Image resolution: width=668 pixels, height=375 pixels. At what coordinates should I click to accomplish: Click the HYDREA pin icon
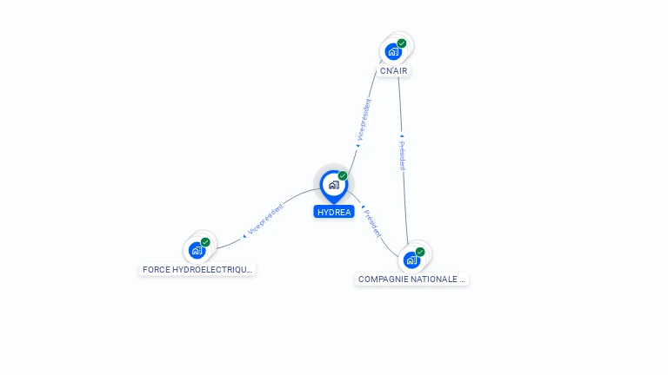(x=334, y=187)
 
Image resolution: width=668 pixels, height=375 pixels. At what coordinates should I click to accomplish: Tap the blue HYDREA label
(x=334, y=212)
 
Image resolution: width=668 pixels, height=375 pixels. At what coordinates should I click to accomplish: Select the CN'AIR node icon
(x=393, y=51)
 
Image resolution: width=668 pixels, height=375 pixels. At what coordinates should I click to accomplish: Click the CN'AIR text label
(x=394, y=71)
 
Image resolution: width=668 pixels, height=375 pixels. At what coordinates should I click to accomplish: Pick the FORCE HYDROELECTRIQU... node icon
(x=197, y=250)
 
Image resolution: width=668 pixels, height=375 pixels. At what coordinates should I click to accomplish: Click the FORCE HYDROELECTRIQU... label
(x=197, y=270)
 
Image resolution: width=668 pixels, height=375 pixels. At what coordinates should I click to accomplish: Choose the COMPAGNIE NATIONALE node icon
(x=411, y=260)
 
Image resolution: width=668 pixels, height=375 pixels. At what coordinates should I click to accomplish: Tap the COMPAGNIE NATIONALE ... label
(x=411, y=280)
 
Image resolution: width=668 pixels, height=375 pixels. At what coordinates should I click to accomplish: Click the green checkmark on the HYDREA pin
(x=343, y=175)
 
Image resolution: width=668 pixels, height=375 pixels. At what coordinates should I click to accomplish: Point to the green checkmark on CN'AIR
(x=402, y=43)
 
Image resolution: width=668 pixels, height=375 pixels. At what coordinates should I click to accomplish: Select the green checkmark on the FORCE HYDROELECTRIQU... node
(x=205, y=242)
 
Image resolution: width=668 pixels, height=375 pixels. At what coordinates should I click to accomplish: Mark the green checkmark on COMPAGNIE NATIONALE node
(x=420, y=252)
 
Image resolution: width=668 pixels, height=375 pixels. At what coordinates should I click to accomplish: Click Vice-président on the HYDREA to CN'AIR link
(x=364, y=120)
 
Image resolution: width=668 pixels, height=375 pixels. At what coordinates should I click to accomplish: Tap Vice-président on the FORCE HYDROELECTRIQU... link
(x=265, y=220)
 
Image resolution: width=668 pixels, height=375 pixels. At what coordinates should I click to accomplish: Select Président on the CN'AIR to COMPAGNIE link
(x=403, y=155)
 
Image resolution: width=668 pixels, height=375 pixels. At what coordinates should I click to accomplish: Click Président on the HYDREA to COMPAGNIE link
(x=373, y=224)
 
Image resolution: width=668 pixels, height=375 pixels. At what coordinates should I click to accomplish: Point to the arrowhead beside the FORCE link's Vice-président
(x=244, y=236)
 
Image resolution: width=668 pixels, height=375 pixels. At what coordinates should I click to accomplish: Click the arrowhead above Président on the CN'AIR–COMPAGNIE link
(x=402, y=136)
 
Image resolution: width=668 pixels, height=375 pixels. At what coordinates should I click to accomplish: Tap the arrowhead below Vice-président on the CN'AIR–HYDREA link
(x=357, y=146)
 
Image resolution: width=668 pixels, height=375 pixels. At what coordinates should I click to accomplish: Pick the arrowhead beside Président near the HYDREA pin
(x=363, y=207)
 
